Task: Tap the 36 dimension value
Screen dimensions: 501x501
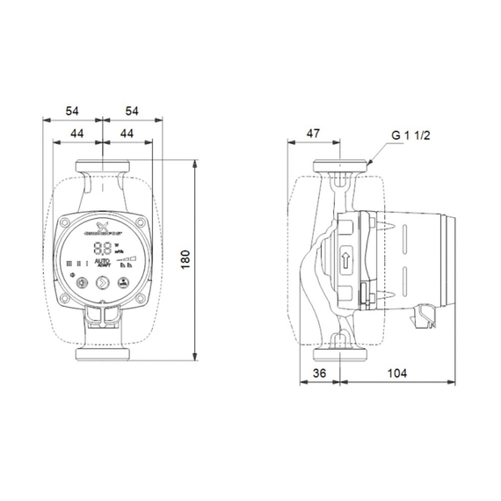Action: coord(319,372)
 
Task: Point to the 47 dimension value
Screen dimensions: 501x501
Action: coord(312,134)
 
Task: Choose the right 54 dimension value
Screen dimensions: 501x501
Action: coord(132,113)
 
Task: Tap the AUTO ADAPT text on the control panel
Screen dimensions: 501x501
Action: coord(102,264)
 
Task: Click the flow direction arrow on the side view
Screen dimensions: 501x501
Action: coord(345,260)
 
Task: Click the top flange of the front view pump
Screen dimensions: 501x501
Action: coord(104,164)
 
